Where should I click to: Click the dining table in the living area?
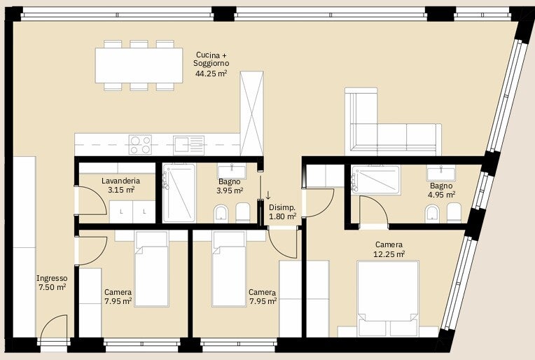(x=139, y=66)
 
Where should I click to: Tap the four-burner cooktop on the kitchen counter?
(x=140, y=145)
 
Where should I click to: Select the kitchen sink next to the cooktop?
(x=188, y=145)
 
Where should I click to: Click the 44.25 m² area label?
(x=211, y=73)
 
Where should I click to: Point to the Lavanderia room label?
(x=120, y=181)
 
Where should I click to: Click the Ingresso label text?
(x=52, y=279)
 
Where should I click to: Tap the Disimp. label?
(x=282, y=207)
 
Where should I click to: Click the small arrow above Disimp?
(x=268, y=195)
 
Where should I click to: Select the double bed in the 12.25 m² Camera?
(x=388, y=298)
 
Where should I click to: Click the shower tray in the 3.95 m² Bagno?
(x=179, y=193)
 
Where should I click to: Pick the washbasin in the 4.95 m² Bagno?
(x=441, y=173)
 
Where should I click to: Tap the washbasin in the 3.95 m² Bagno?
(x=232, y=171)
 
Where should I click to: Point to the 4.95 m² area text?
(x=441, y=195)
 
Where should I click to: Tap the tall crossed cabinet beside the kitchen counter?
(x=252, y=113)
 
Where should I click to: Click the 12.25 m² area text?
(x=389, y=254)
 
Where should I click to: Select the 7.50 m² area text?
(x=53, y=287)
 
